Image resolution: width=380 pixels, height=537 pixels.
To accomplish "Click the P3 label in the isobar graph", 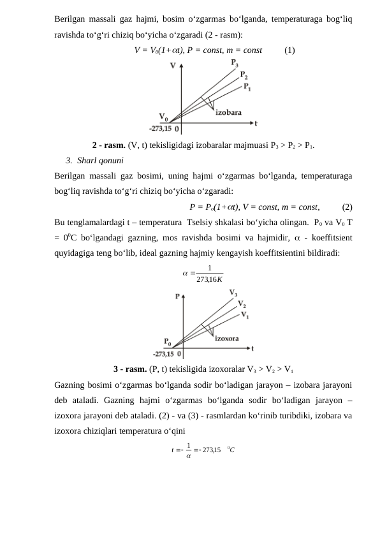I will [235, 63].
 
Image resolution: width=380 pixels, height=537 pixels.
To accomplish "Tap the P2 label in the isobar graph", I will [244, 75].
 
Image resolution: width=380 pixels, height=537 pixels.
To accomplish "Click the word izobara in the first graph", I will [228, 112].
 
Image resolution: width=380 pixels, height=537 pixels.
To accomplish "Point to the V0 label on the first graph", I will [164, 117].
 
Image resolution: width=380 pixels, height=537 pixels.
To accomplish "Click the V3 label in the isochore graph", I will [234, 293].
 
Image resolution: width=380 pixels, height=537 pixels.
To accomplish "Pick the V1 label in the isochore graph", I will [245, 315].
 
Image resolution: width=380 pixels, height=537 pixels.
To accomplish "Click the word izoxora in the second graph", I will [227, 339].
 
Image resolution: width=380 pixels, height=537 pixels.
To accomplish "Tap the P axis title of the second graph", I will [178, 296].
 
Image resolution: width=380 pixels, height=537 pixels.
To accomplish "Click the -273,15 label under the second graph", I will [163, 353].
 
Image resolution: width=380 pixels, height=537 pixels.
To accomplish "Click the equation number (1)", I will [289, 49].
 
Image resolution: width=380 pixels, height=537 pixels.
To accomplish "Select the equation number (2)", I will [347, 206].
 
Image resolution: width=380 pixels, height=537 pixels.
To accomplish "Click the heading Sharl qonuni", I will [99, 159].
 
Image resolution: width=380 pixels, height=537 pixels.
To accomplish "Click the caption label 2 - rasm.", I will [109, 145].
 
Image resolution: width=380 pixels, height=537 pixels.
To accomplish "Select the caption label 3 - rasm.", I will [130, 369].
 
